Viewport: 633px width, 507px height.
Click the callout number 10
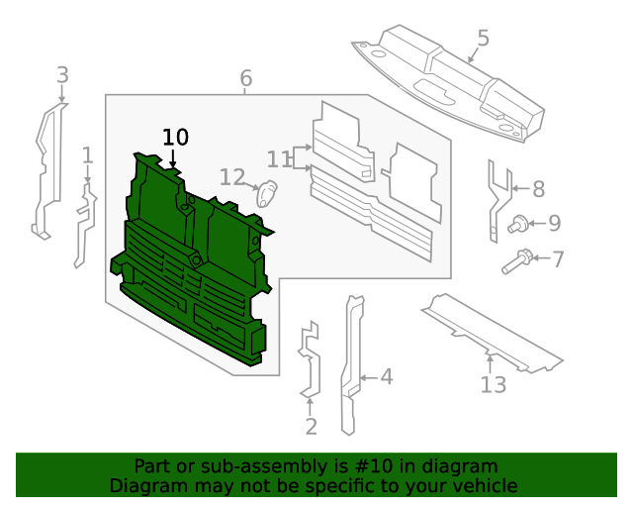tap(175, 137)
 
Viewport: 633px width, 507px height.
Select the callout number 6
tap(245, 78)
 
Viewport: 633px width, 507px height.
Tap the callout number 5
tap(483, 39)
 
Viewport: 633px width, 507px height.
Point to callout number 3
tap(62, 74)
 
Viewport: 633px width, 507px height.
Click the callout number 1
tap(87, 154)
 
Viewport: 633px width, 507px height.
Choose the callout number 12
tap(231, 177)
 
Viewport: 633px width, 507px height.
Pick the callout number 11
tap(280, 158)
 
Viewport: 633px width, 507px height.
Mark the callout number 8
tap(538, 189)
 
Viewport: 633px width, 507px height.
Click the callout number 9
tap(554, 224)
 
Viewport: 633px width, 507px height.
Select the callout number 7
tap(558, 259)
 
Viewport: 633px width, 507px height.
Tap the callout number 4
tap(386, 376)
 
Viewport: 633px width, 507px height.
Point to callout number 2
tap(311, 427)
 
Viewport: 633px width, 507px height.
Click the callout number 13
tap(493, 384)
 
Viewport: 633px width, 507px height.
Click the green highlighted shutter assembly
tap(188, 267)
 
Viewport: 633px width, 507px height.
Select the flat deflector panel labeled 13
tap(490, 332)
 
